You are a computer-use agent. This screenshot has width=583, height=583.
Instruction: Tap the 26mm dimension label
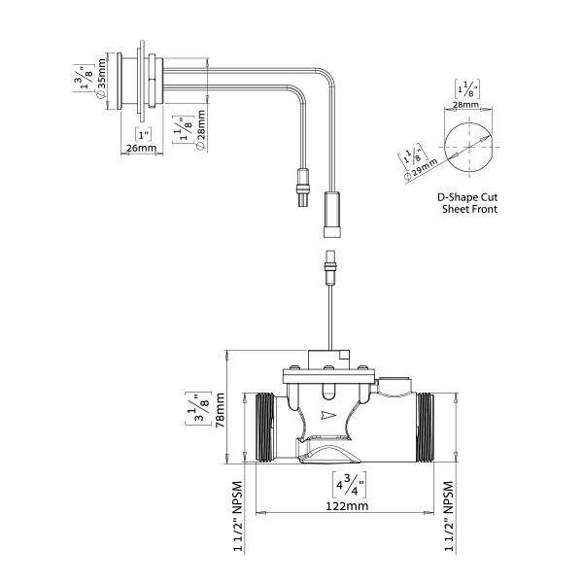(x=142, y=149)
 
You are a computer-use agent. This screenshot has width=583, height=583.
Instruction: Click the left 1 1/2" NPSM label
(x=237, y=517)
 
